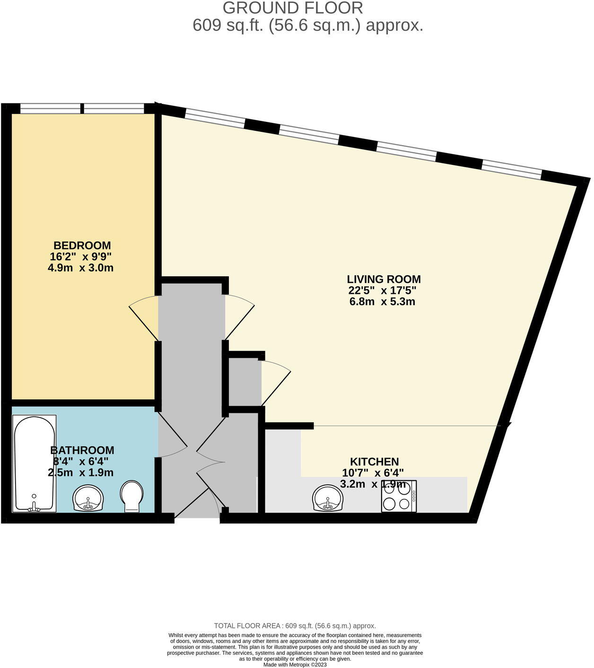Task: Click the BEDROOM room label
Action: click(x=82, y=246)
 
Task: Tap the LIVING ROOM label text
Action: click(x=384, y=279)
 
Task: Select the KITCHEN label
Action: click(x=374, y=462)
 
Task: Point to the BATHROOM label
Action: click(x=82, y=450)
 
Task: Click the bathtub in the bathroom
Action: click(x=35, y=463)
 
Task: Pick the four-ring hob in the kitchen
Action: click(x=399, y=496)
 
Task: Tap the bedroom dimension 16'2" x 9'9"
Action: click(x=81, y=257)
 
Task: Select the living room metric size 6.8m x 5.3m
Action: click(x=382, y=301)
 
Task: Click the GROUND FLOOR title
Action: click(x=293, y=8)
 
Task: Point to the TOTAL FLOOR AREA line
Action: click(x=295, y=625)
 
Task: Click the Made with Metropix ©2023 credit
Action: click(x=295, y=664)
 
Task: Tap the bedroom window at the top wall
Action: click(x=82, y=108)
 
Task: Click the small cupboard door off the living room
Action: click(x=276, y=382)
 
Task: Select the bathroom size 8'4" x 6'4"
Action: click(x=81, y=461)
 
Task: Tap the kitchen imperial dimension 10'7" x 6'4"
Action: click(x=373, y=472)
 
